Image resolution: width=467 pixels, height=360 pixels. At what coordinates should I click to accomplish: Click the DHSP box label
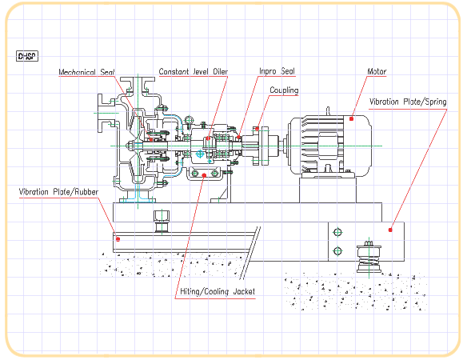[27, 56]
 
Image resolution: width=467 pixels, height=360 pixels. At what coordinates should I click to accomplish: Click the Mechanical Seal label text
[86, 72]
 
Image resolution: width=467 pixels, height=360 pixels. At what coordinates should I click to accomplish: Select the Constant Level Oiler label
[194, 72]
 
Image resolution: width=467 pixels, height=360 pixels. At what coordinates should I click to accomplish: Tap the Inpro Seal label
[277, 71]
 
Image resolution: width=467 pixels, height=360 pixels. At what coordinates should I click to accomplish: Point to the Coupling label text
[284, 90]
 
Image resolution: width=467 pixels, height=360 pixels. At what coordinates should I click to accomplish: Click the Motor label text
[377, 71]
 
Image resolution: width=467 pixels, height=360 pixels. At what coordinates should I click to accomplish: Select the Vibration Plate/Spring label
[408, 102]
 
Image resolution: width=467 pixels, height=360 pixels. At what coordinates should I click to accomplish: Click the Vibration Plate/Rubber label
[58, 192]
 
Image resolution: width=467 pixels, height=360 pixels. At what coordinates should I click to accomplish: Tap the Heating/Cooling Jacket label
[218, 291]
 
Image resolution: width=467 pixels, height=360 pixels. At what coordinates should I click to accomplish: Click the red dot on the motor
[351, 119]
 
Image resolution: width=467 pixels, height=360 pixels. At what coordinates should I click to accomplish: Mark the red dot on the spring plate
[390, 230]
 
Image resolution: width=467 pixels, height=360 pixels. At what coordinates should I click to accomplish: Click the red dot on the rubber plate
[118, 239]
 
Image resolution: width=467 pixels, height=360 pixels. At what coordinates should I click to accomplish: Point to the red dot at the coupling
[257, 129]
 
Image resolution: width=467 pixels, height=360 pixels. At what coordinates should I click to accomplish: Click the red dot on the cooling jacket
[204, 175]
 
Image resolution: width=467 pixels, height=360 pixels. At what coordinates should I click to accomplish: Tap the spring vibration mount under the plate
[369, 257]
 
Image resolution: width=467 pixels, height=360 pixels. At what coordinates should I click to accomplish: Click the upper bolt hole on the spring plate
[337, 232]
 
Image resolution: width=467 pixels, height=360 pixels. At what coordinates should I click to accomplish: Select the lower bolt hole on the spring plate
[337, 251]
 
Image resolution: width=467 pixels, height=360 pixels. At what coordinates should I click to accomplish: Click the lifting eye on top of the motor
[328, 111]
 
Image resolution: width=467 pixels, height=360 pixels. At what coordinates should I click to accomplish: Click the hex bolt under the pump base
[162, 221]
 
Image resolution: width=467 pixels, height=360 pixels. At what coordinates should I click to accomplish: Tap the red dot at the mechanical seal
[151, 139]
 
